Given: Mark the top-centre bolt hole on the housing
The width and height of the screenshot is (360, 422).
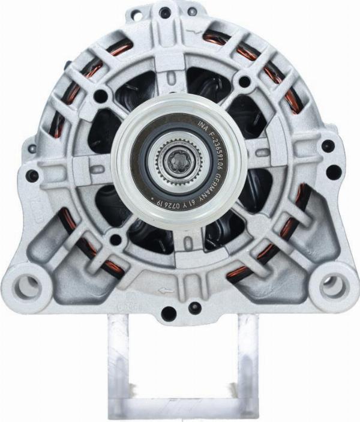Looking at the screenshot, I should point(165,11).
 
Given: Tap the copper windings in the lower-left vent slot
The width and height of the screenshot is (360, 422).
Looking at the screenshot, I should point(90,246).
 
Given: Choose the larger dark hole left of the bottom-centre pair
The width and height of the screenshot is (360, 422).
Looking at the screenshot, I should point(169,312).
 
